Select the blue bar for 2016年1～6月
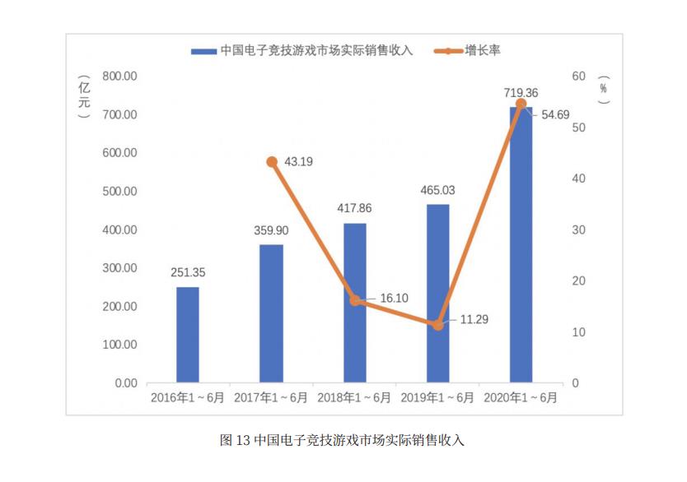pyautogui.click(x=188, y=335)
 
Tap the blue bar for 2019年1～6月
pyautogui.click(x=437, y=294)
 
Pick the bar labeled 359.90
pyautogui.click(x=271, y=313)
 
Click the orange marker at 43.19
pyautogui.click(x=272, y=162)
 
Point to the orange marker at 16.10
pyautogui.click(x=355, y=300)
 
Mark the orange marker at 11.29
pyautogui.click(x=437, y=325)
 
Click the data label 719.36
pyautogui.click(x=521, y=92)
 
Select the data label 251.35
pyautogui.click(x=188, y=272)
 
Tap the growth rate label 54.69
pyautogui.click(x=555, y=115)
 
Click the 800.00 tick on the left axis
pyautogui.click(x=119, y=76)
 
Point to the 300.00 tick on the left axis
pyautogui.click(x=119, y=268)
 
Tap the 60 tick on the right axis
pyautogui.click(x=579, y=76)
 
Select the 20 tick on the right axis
pyautogui.click(x=579, y=281)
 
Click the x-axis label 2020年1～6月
pyautogui.click(x=521, y=397)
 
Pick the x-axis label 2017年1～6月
pyautogui.click(x=271, y=397)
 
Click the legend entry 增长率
pyautogui.click(x=483, y=50)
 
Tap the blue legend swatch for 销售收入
pyautogui.click(x=203, y=51)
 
